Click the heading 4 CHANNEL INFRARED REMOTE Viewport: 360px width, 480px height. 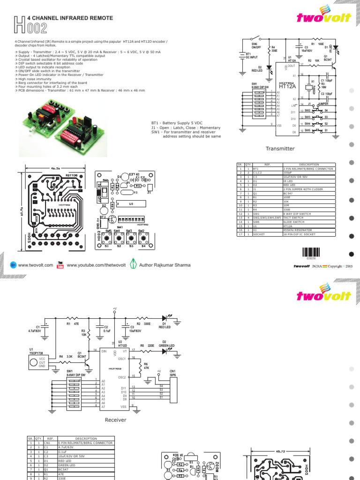tap(70, 17)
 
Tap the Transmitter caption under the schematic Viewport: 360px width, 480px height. tap(280, 149)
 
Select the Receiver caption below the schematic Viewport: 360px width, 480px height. tap(116, 420)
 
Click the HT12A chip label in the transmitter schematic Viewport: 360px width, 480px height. tap(286, 86)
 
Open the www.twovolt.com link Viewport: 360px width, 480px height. tap(36, 265)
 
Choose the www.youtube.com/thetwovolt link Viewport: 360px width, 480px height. tap(96, 265)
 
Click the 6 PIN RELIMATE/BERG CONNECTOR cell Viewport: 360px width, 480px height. tap(85, 442)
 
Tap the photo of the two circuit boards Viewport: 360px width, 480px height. tap(61, 123)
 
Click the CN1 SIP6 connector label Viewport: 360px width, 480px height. tap(173, 374)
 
